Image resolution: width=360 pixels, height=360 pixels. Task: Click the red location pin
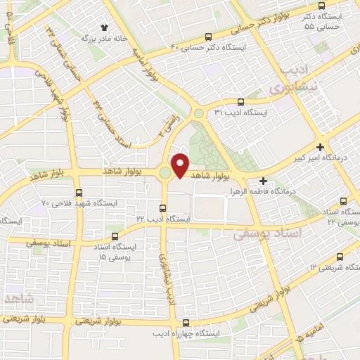(181, 165)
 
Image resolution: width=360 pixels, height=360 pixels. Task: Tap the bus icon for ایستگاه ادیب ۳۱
(241, 101)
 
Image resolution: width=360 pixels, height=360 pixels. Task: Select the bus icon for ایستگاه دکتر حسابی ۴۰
(207, 37)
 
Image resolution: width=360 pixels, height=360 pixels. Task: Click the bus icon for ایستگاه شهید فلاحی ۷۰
(78, 192)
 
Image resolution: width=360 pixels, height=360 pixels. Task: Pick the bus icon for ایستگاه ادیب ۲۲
(162, 208)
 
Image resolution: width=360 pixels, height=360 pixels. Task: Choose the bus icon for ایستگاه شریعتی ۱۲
(340, 257)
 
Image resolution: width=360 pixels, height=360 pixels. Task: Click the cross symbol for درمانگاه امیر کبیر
(321, 148)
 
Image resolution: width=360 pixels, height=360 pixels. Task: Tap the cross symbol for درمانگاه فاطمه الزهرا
(263, 181)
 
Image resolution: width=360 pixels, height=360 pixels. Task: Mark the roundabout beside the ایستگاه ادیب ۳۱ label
(199, 112)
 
